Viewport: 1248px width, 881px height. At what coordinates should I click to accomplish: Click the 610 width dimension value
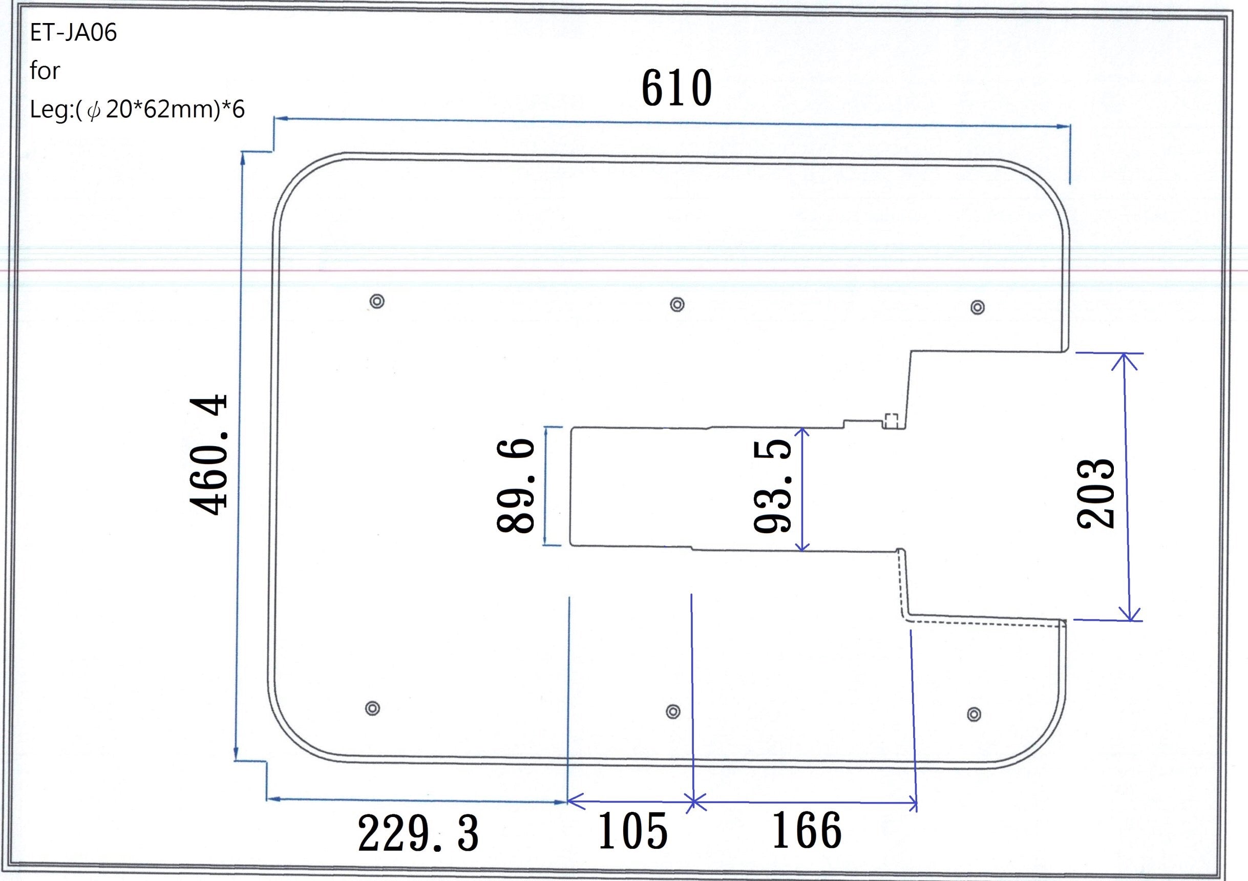tap(676, 88)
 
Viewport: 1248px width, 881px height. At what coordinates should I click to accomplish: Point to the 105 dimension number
tap(632, 830)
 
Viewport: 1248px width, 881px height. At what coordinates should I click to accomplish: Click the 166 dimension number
tap(807, 830)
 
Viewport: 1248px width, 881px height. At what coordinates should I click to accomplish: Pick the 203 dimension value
tap(1096, 493)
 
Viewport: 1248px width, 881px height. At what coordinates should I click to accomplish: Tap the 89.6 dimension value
tap(515, 486)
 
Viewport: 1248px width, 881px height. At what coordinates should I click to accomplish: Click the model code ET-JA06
tap(73, 33)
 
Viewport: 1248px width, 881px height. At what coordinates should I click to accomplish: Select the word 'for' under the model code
tap(45, 71)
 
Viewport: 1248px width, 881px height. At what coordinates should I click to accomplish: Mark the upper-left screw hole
tap(377, 301)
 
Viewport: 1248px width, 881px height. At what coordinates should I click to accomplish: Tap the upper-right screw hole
tap(977, 307)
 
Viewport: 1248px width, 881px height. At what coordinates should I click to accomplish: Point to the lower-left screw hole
tap(372, 708)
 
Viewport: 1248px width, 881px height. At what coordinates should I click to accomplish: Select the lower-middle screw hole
tap(673, 711)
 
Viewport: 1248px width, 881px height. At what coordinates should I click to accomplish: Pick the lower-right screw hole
tap(974, 714)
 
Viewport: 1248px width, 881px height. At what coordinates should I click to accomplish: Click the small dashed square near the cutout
tap(891, 420)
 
